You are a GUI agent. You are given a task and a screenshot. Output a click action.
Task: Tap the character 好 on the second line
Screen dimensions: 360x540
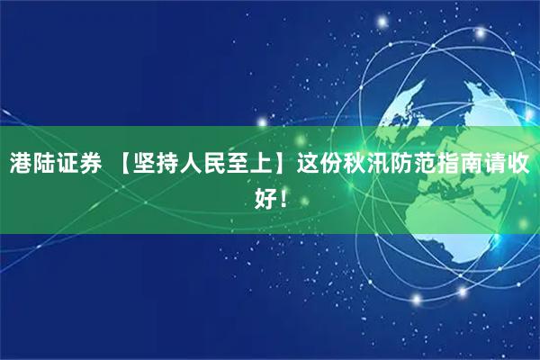pos(265,196)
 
